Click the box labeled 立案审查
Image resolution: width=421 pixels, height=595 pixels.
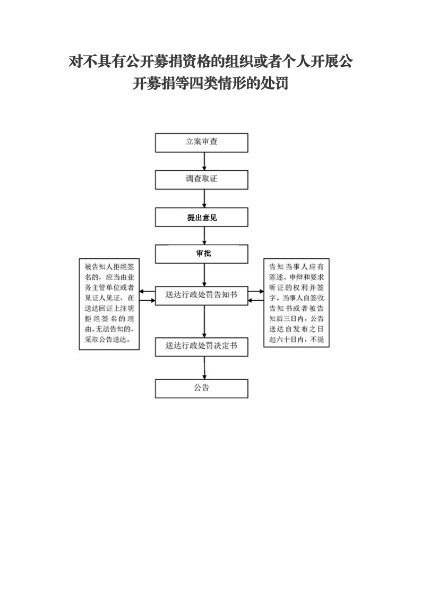201,143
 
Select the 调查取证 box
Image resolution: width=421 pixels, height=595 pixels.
201,180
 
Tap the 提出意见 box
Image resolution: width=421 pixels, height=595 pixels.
201,217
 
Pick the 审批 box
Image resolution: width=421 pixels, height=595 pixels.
201,254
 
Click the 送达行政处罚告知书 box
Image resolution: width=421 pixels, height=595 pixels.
201,295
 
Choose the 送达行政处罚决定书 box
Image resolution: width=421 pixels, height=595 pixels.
201,347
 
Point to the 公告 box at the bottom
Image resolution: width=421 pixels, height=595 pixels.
201,389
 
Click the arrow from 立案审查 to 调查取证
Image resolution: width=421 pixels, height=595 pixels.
204,161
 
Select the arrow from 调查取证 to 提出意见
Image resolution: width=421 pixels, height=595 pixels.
204,198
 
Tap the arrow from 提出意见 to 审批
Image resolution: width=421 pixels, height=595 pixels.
204,235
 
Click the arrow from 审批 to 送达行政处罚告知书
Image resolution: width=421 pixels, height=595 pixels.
204,275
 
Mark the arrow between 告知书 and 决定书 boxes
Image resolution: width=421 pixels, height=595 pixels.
204,321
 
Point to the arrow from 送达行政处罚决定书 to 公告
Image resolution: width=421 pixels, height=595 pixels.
204,367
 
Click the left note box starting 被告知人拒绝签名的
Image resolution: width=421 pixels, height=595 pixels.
109,304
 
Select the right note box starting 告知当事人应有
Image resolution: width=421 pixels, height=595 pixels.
296,303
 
